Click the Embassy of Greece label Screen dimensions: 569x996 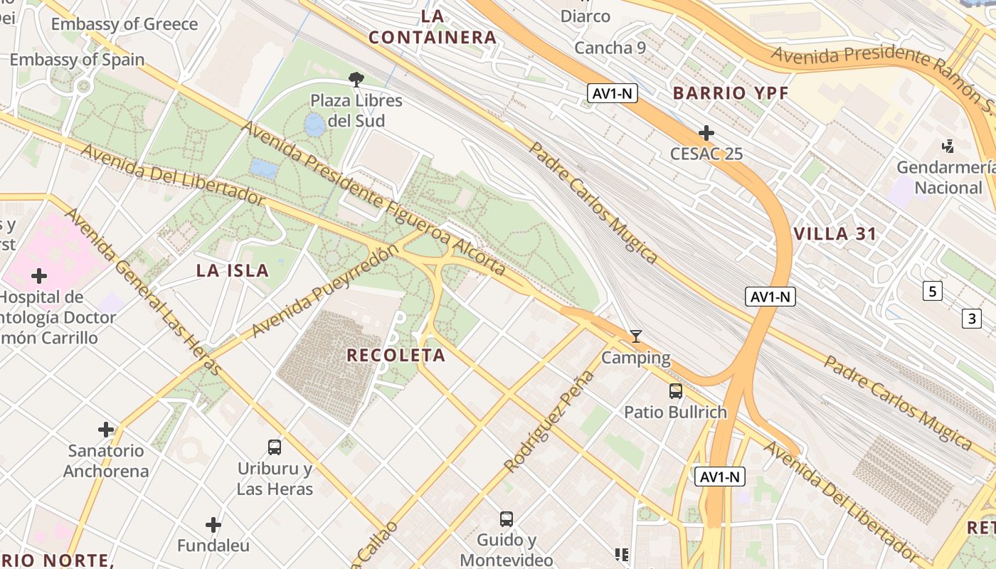pyautogui.click(x=124, y=24)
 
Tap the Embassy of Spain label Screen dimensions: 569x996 pyautogui.click(x=77, y=60)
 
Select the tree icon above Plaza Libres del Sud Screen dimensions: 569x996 pyautogui.click(x=356, y=79)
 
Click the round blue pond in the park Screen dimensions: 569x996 pyautogui.click(x=314, y=125)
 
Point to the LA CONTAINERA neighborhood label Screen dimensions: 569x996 pyautogui.click(x=432, y=27)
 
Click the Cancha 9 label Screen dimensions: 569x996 pyautogui.click(x=610, y=48)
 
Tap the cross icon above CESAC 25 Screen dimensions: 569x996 pyautogui.click(x=706, y=133)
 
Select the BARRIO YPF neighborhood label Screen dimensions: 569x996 pyautogui.click(x=731, y=93)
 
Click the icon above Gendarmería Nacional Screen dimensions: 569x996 pyautogui.click(x=948, y=147)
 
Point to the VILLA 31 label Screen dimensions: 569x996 pyautogui.click(x=835, y=234)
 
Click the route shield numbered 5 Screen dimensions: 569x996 pyautogui.click(x=933, y=290)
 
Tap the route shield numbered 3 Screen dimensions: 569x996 pyautogui.click(x=971, y=319)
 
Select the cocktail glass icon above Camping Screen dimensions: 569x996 pyautogui.click(x=636, y=336)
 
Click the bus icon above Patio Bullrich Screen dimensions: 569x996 pyautogui.click(x=675, y=390)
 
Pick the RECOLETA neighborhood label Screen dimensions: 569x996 pyautogui.click(x=396, y=356)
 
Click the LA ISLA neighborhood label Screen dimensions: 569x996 pyautogui.click(x=233, y=271)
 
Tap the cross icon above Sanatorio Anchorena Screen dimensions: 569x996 pyautogui.click(x=106, y=430)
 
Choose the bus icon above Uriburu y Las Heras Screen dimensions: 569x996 pyautogui.click(x=275, y=447)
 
